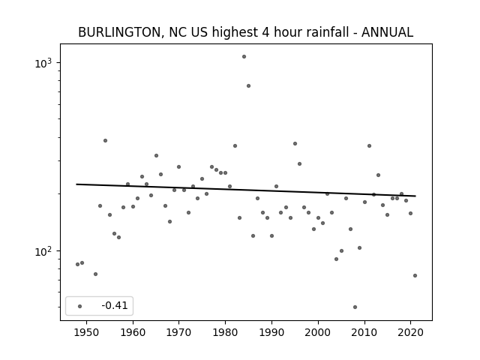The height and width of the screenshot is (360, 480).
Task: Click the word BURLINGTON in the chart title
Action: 119,32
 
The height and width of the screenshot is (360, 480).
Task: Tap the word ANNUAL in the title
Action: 387,32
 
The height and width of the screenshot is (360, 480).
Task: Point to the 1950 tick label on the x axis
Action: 87,332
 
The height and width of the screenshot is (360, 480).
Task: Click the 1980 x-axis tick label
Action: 225,332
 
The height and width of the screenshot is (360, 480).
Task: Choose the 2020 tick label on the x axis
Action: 410,332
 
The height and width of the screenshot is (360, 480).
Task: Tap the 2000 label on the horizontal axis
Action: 318,332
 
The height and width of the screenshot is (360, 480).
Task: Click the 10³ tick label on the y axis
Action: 43,63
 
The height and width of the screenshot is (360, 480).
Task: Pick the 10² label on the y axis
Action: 43,251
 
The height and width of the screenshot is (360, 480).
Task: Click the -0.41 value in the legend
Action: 115,305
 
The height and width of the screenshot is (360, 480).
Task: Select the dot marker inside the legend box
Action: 80,306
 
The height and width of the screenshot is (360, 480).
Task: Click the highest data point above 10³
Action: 244,57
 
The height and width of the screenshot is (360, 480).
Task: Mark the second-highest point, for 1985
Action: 248,86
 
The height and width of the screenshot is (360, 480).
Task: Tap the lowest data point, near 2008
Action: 355,307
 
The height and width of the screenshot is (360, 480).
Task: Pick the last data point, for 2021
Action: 415,275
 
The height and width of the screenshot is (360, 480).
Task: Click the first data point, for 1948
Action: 77,265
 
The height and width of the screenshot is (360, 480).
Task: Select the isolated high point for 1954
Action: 105,140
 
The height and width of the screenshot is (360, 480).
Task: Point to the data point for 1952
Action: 95,274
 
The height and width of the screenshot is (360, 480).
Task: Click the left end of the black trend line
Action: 76,184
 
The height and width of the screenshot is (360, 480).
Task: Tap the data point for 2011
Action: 369,146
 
